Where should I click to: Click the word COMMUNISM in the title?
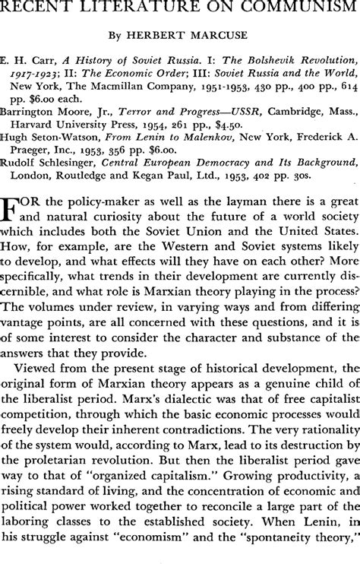point(287,11)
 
